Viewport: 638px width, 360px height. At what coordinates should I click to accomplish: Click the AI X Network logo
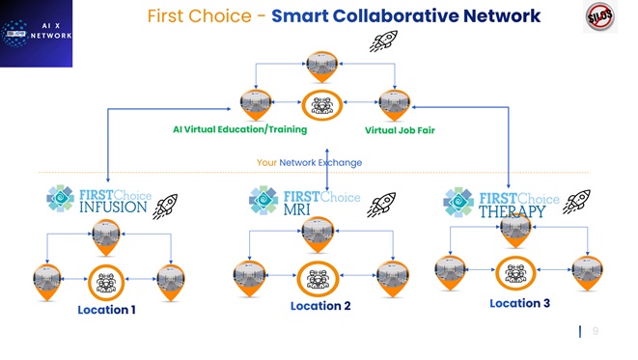(37, 34)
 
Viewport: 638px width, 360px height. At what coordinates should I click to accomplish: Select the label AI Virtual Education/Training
(239, 129)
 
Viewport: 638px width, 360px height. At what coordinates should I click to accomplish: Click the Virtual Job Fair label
(400, 130)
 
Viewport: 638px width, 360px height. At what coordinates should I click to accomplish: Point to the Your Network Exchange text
(310, 162)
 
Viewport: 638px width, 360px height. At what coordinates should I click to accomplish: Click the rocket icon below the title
(386, 41)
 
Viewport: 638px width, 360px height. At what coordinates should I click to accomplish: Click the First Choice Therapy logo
(498, 201)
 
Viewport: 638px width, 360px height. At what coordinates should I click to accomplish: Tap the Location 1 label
(106, 311)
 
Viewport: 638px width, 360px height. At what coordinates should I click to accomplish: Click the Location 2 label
(319, 306)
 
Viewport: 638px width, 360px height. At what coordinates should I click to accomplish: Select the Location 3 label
(519, 303)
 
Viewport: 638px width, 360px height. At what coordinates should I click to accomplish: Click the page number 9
(596, 331)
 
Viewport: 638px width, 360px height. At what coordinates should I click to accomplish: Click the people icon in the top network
(320, 103)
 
